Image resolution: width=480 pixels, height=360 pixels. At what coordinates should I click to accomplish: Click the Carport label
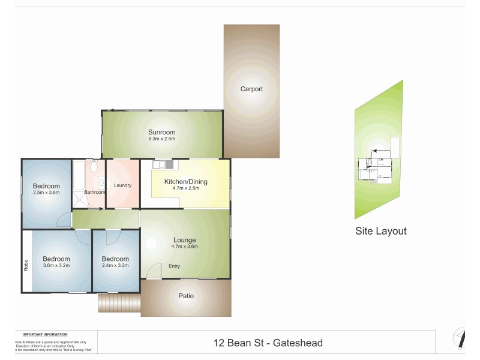point(251,89)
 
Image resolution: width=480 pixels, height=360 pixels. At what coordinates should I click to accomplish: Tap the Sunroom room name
point(162,132)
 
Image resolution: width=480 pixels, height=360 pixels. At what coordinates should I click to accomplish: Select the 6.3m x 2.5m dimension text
point(162,139)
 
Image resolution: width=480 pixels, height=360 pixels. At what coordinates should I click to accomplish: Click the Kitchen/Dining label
point(185,181)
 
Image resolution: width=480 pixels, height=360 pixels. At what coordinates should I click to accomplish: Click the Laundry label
point(122,185)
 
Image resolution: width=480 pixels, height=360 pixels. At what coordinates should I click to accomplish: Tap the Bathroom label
point(94,192)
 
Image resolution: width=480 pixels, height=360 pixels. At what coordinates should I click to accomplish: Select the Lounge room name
point(185,239)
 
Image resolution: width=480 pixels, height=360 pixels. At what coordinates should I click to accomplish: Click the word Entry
point(174,266)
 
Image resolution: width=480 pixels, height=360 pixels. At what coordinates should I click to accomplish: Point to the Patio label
point(186,296)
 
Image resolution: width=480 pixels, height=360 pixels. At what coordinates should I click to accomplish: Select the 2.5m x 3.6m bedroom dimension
point(46,193)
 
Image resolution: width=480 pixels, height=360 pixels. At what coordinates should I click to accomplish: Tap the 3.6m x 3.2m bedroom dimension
point(56,265)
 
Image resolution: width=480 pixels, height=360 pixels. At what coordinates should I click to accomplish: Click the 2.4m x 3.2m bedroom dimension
point(115,265)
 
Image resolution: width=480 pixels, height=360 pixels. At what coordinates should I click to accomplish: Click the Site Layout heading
point(381,231)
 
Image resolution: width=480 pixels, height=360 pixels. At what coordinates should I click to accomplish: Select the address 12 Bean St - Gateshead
point(268,343)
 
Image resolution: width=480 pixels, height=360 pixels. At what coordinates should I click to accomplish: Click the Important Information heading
point(44,334)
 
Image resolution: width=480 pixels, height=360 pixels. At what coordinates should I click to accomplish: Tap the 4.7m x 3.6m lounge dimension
point(185,246)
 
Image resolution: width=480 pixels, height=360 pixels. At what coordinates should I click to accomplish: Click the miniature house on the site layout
point(377,168)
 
